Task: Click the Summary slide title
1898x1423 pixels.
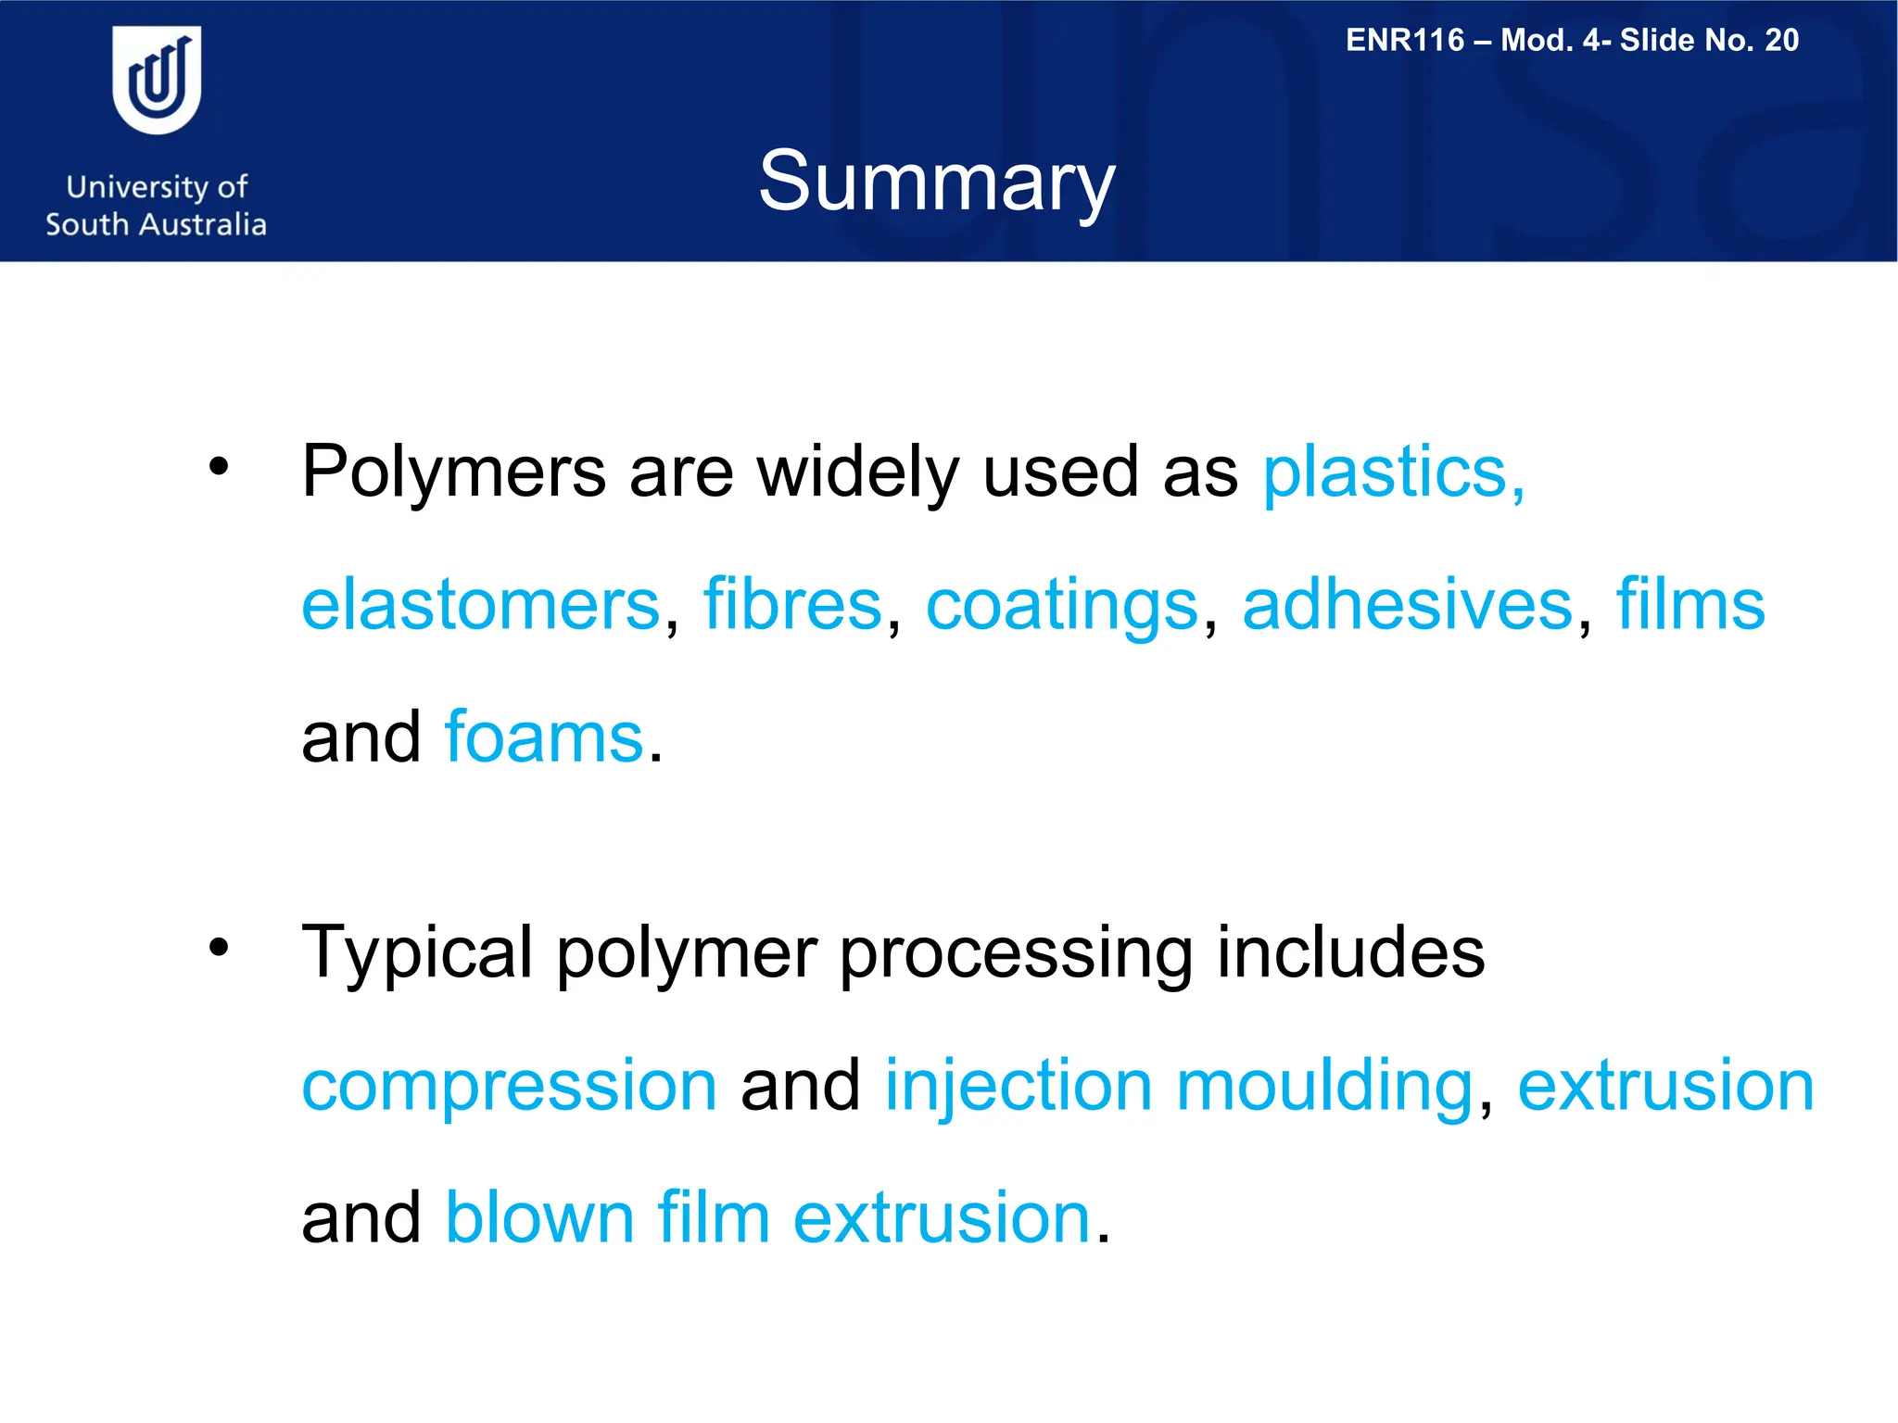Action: [936, 182]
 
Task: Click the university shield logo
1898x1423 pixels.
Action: [157, 80]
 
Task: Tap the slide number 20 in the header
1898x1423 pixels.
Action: [1781, 40]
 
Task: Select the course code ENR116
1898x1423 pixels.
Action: [1404, 40]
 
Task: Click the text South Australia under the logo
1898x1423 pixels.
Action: [156, 224]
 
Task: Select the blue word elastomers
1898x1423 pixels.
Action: [481, 605]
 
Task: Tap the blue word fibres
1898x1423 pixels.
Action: [792, 605]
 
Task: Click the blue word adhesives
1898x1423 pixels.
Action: [1408, 605]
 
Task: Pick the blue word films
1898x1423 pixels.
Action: [1690, 605]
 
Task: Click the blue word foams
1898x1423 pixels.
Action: [544, 737]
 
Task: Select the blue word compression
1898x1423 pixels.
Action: [510, 1087]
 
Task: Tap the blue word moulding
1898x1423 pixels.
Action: [1324, 1087]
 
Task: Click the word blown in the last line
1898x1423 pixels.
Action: [539, 1217]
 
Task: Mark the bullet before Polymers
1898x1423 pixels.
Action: [218, 467]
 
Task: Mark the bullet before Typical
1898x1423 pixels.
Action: [218, 947]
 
